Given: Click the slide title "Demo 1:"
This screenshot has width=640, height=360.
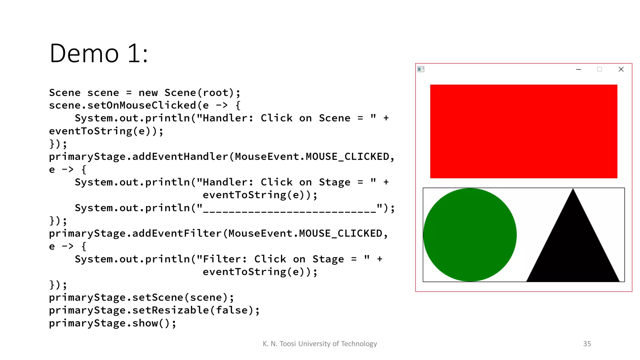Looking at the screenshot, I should point(99,53).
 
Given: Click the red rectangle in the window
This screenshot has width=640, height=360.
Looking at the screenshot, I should point(523,131).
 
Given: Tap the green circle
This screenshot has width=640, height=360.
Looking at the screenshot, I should point(470,235).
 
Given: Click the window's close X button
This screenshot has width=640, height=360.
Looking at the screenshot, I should point(621,69).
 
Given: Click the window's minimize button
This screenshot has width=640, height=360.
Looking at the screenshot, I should point(578,69).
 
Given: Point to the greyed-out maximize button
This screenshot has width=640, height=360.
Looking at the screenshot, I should point(599,69).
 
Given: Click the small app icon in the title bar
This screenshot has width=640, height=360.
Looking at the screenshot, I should point(421,69).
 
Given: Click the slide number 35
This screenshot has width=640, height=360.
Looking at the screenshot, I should point(587,344).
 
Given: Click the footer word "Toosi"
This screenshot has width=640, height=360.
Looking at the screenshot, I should point(287,344).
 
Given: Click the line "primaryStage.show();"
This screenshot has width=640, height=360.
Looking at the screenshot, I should point(112,323).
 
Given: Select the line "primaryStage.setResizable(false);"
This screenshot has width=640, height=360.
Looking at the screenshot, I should point(154,310).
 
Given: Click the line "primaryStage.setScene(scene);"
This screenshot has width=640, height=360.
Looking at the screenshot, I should point(141,297).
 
